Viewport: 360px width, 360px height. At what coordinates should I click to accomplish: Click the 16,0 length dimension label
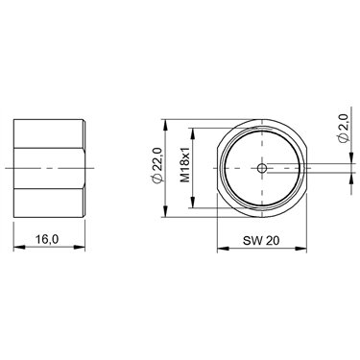click(x=47, y=239)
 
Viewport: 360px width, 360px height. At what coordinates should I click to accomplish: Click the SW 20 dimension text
click(x=261, y=240)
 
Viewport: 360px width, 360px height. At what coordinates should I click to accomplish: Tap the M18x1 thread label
click(x=185, y=165)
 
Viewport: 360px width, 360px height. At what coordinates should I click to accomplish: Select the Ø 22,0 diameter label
click(x=158, y=165)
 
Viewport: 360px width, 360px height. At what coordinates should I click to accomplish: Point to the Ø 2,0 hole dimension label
click(x=343, y=129)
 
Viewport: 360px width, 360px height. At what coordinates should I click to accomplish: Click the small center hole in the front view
click(x=262, y=168)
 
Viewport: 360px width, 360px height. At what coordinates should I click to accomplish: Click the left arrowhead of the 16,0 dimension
click(x=19, y=247)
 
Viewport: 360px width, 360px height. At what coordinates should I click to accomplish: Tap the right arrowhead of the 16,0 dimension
click(x=80, y=247)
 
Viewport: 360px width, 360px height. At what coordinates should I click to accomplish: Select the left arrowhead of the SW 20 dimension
click(x=224, y=248)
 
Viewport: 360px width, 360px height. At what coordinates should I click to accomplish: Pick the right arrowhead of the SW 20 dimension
click(x=300, y=248)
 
